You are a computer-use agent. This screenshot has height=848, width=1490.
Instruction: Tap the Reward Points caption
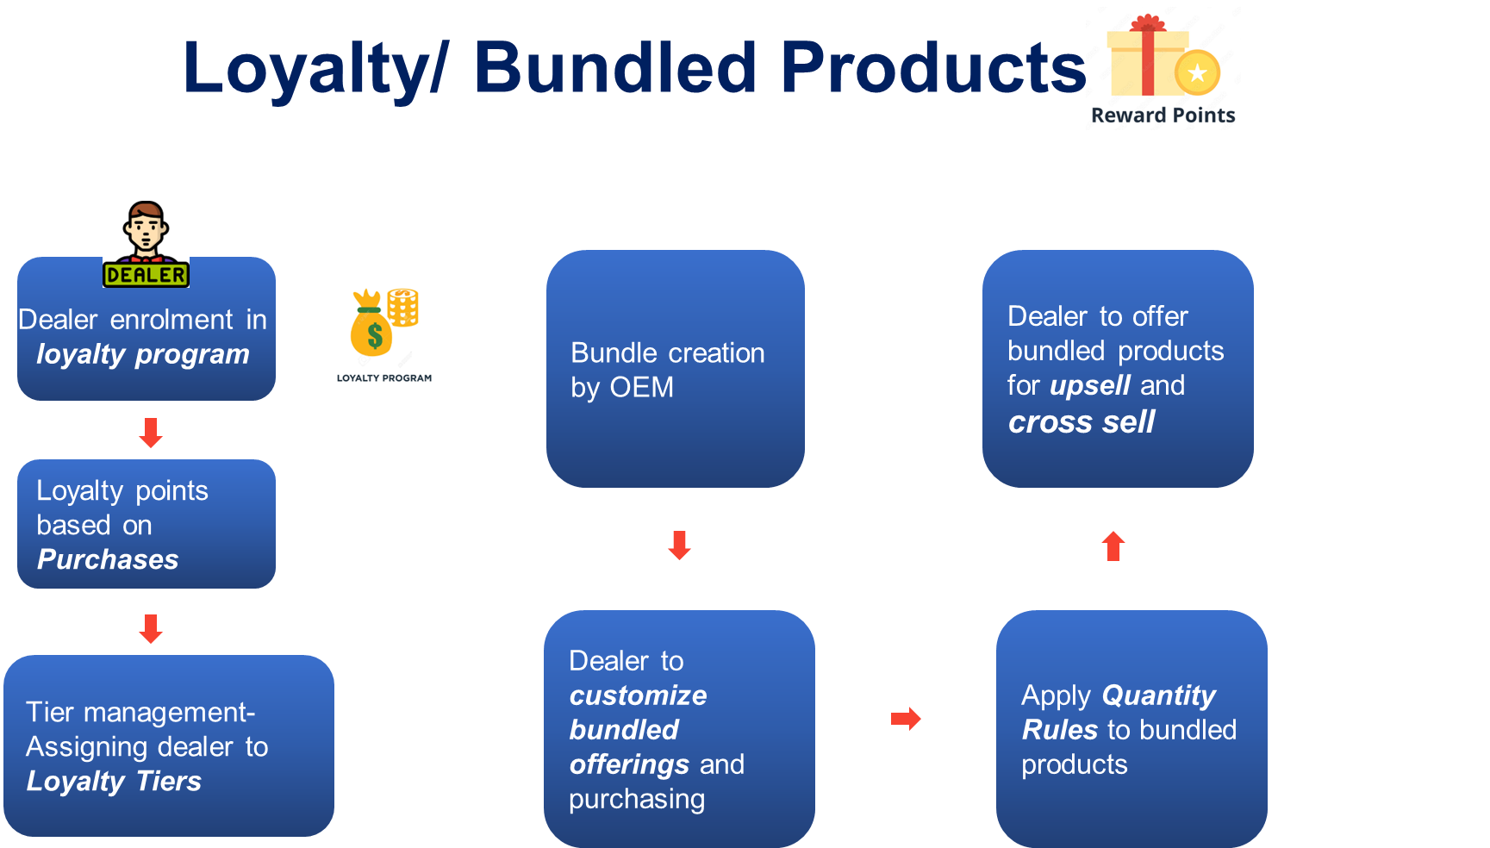(1163, 115)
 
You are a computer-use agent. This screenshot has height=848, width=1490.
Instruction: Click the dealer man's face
(146, 228)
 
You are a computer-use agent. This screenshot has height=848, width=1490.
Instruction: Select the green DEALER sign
(146, 275)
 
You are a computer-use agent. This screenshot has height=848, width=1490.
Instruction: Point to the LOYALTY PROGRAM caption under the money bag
(384, 377)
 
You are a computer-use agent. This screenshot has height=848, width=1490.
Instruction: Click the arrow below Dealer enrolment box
(151, 433)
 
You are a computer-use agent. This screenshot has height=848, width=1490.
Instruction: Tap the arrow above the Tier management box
(151, 629)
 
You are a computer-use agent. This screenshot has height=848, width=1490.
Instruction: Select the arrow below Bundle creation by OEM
(680, 546)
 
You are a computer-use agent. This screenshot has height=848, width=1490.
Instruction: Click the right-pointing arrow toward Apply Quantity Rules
(906, 719)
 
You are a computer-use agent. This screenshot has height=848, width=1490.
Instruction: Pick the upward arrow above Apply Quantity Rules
(1113, 546)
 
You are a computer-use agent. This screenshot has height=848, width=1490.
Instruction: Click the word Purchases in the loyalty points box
(108, 559)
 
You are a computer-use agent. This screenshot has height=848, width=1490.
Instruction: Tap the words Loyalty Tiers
(114, 781)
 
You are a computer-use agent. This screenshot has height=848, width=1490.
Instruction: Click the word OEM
(642, 388)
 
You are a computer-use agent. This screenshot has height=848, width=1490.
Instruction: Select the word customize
(639, 695)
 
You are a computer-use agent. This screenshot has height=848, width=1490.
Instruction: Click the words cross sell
(1082, 422)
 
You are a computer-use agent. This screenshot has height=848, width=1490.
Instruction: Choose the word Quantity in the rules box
(1159, 695)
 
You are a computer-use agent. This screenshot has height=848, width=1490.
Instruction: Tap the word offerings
(629, 764)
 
